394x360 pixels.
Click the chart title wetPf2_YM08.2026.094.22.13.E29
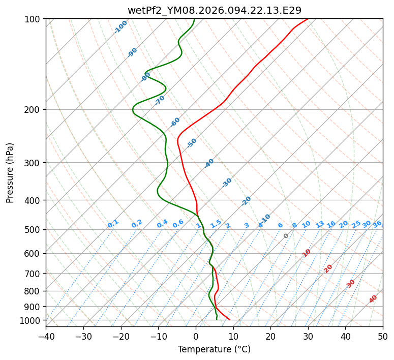[x=214, y=10]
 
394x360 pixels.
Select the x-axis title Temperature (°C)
[x=214, y=349]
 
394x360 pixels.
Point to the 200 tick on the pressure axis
[x=33, y=110]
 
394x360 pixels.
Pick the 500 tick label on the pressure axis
[x=33, y=230]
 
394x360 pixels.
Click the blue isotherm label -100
[x=121, y=27]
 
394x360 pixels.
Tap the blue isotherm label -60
[x=175, y=122]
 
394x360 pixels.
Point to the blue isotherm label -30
[x=227, y=182]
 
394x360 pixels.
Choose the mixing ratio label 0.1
[x=113, y=224]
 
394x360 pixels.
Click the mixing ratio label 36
[x=377, y=224]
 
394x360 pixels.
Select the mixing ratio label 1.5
[x=216, y=224]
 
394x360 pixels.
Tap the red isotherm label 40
[x=373, y=299]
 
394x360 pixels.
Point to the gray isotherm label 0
[x=286, y=236]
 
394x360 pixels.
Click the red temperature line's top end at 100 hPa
[x=308, y=19]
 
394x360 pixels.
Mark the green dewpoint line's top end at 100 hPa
[x=194, y=19]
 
